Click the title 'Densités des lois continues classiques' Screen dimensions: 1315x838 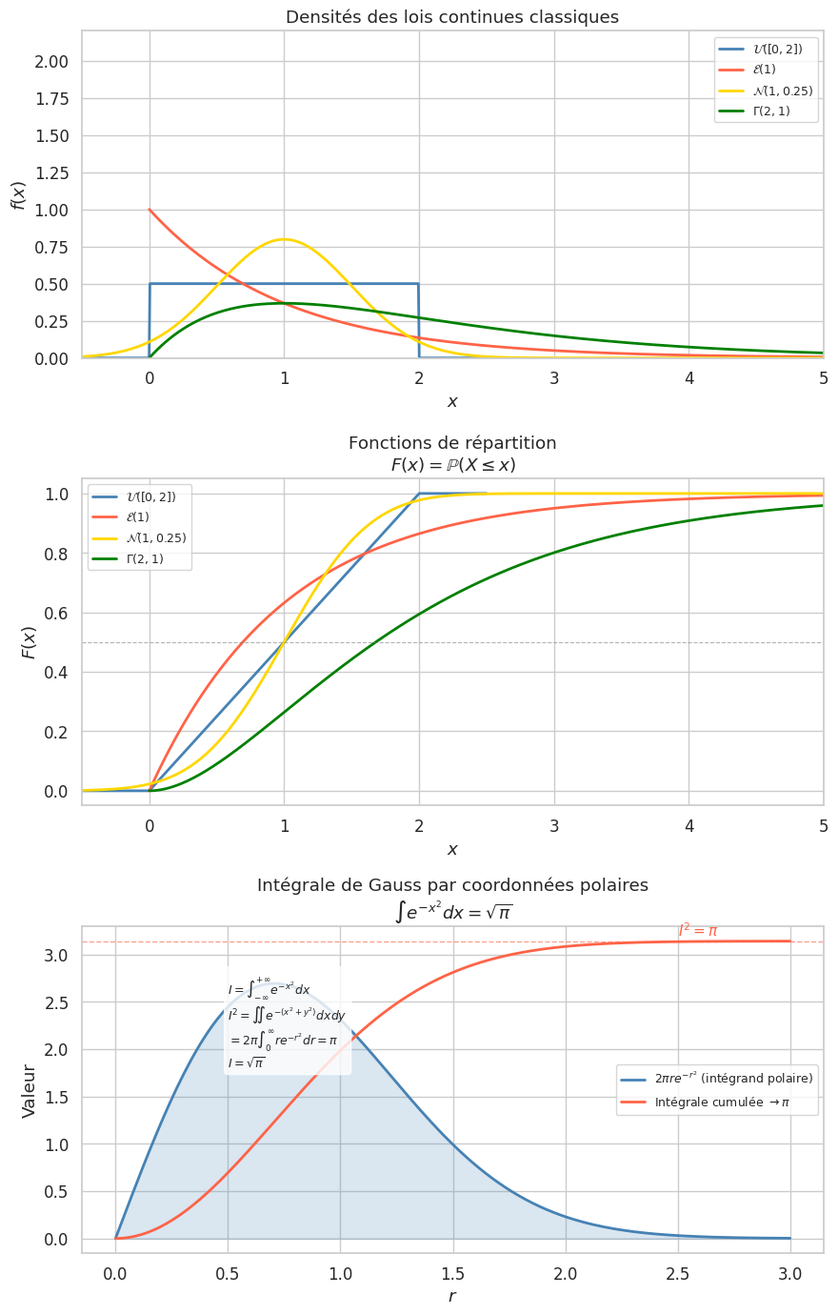(x=452, y=17)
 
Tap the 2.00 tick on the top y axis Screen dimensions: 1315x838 (x=51, y=62)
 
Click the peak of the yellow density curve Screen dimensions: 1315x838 (x=284, y=239)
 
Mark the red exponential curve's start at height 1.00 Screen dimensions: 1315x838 (x=150, y=210)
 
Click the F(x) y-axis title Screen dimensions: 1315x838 (x=28, y=642)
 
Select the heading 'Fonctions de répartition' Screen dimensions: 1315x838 (x=452, y=443)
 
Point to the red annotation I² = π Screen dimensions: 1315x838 (x=698, y=930)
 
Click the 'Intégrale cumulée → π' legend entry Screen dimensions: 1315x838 (x=721, y=1103)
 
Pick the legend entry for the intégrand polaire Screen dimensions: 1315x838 (x=732, y=1079)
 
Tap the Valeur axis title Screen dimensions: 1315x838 (x=29, y=1090)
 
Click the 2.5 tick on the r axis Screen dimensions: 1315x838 (x=678, y=1274)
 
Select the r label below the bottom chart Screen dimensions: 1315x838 (x=452, y=1296)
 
